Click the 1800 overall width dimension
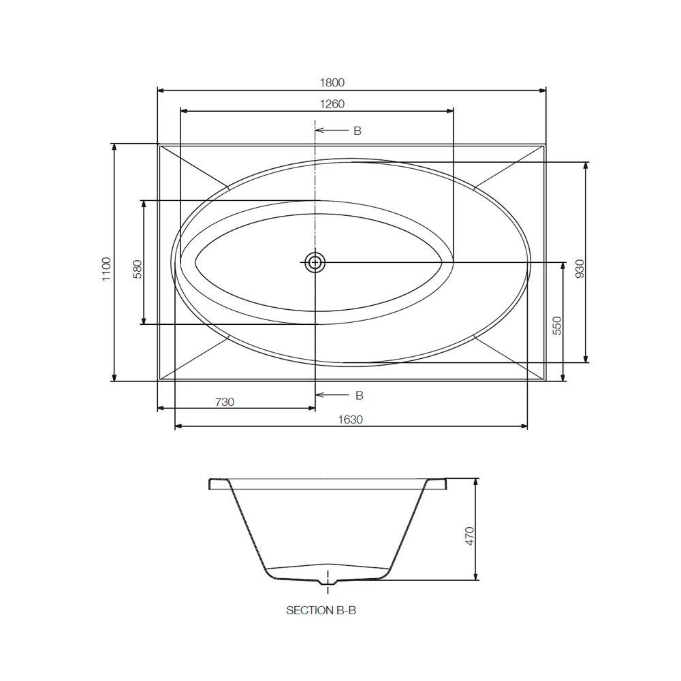click(332, 82)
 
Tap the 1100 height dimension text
click(106, 269)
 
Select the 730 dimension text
click(225, 402)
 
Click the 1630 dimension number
click(351, 420)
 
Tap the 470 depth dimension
click(469, 536)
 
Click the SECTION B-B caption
click(321, 611)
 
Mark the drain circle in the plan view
click(315, 262)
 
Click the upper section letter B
click(357, 131)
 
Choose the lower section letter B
click(359, 395)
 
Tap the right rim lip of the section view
click(438, 484)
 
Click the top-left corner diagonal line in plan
click(194, 165)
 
